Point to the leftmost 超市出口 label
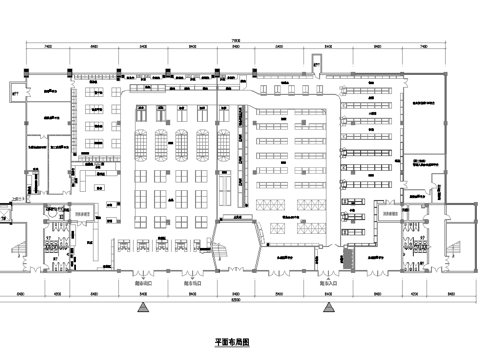(145, 283)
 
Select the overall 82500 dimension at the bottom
(237, 300)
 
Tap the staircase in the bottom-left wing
(20, 245)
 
